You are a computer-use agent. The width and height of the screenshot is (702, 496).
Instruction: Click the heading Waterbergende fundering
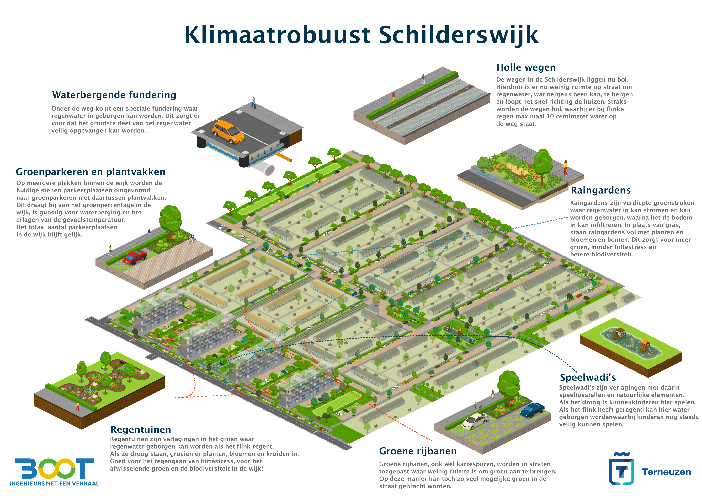114,95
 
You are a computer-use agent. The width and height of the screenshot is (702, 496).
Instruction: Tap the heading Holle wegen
526,67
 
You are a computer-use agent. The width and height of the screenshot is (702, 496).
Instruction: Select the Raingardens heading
600,190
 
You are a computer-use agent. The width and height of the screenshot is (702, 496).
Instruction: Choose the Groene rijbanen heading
418,451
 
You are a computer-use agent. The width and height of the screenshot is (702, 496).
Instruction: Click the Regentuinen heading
141,430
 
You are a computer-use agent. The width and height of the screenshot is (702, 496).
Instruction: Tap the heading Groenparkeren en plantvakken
91,172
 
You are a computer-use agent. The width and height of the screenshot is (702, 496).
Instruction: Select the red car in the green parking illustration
135,257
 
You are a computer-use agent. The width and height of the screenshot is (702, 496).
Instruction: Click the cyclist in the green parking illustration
191,239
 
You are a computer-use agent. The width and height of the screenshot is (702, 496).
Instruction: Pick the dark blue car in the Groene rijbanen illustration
532,410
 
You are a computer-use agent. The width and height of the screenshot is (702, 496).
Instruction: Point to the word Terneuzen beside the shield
667,472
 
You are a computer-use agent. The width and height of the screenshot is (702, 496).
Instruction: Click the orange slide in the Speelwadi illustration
646,346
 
